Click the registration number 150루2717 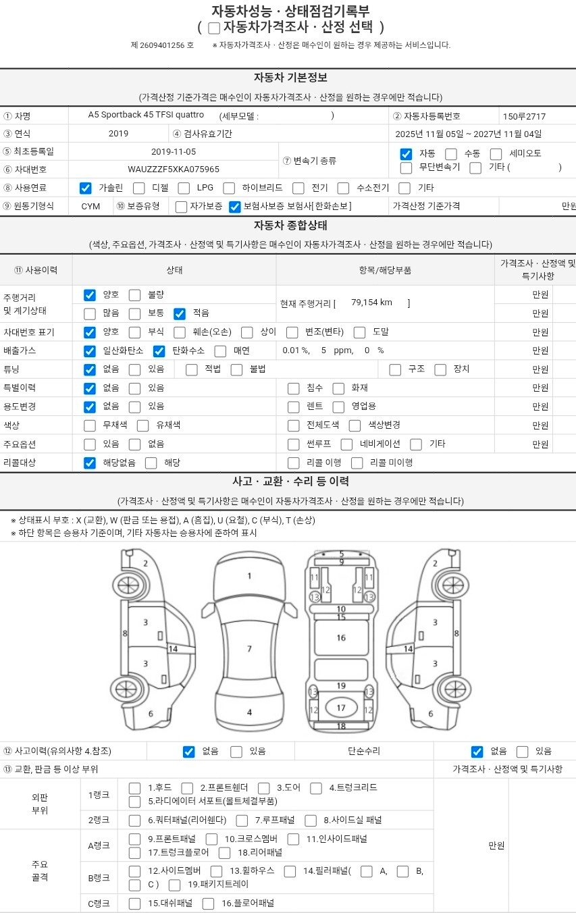(524, 117)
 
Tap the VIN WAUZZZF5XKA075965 (174, 169)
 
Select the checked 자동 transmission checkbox (406, 154)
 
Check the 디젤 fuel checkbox (138, 188)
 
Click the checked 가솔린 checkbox (85, 188)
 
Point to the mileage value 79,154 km (371, 303)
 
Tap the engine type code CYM (90, 206)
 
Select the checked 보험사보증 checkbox (234, 207)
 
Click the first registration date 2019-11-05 (174, 152)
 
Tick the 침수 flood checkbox (293, 388)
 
